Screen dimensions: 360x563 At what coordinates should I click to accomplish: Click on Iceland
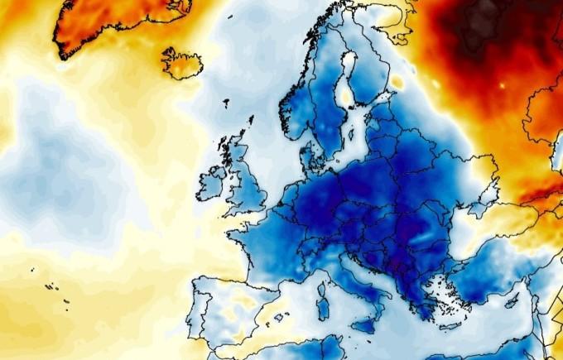181,63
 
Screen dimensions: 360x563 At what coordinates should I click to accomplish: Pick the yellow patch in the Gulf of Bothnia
347,94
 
